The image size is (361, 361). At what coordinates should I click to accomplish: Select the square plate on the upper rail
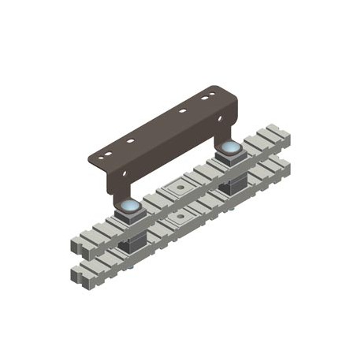[x=180, y=188]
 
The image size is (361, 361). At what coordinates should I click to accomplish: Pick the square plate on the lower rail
[x=180, y=215]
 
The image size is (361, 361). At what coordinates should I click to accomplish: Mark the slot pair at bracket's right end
[x=207, y=98]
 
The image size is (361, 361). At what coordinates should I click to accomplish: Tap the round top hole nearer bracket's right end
[x=182, y=111]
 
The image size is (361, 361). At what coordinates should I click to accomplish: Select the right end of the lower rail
[x=284, y=166]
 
